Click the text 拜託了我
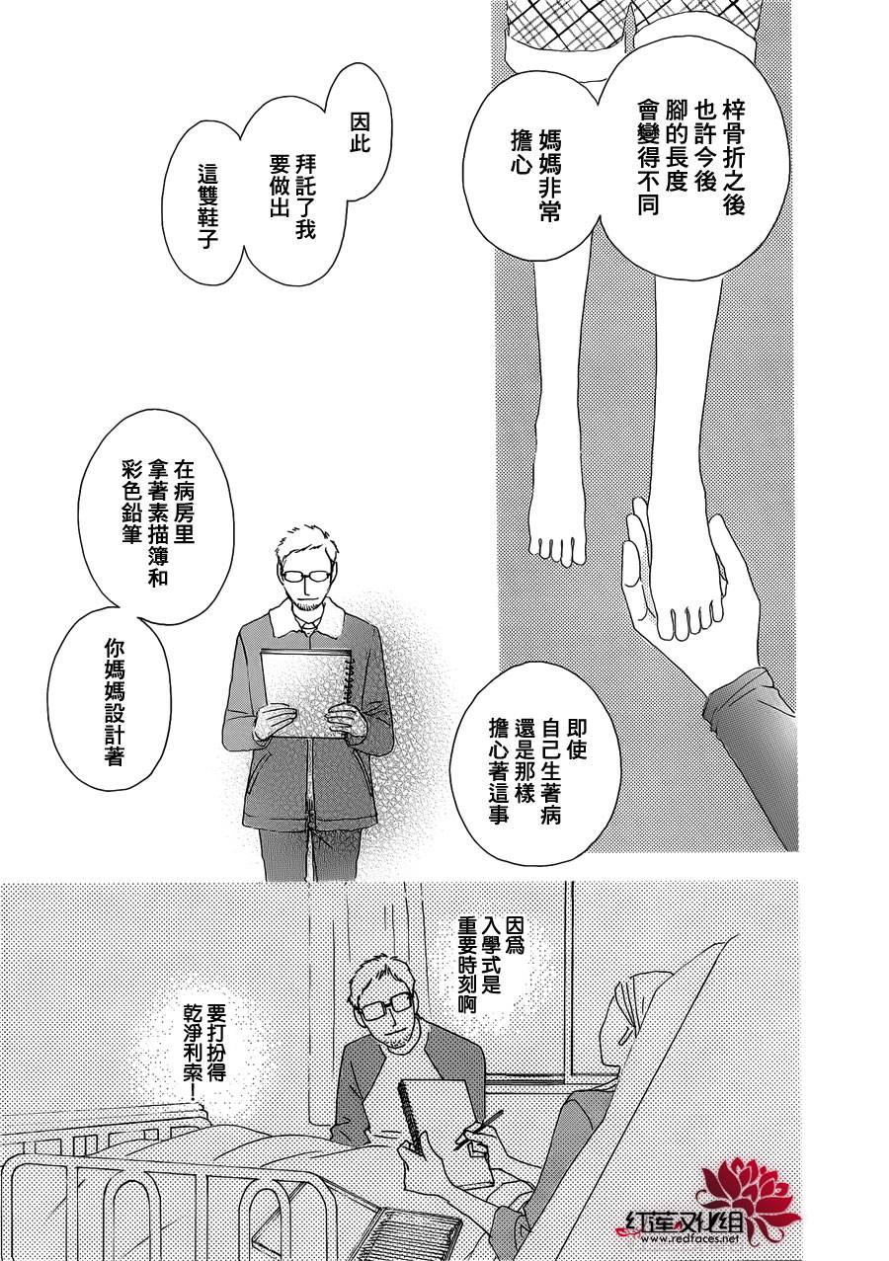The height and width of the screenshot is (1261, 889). point(305,197)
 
